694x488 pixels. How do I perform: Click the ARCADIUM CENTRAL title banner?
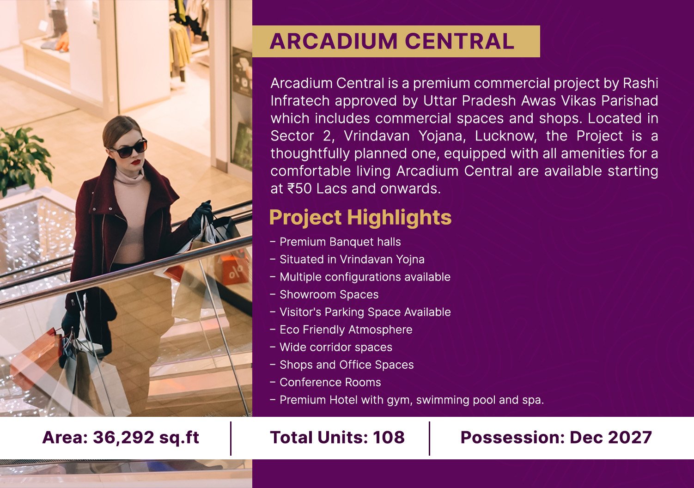pos(396,41)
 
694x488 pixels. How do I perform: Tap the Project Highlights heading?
pos(360,218)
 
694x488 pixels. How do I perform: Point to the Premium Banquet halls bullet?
pos(335,242)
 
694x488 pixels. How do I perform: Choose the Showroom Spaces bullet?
pos(324,294)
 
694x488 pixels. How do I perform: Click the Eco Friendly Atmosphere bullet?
pos(341,329)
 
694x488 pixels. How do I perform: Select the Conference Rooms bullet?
pos(326,382)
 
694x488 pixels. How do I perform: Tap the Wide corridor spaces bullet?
pos(331,348)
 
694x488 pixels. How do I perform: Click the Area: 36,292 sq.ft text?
pos(121,438)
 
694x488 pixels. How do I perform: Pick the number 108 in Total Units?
pos(389,437)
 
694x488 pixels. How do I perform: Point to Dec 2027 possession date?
pos(611,437)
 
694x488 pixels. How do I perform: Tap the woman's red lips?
pos(136,162)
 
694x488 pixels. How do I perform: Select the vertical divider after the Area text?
pos(231,438)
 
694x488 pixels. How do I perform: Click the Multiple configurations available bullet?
pos(360,277)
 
